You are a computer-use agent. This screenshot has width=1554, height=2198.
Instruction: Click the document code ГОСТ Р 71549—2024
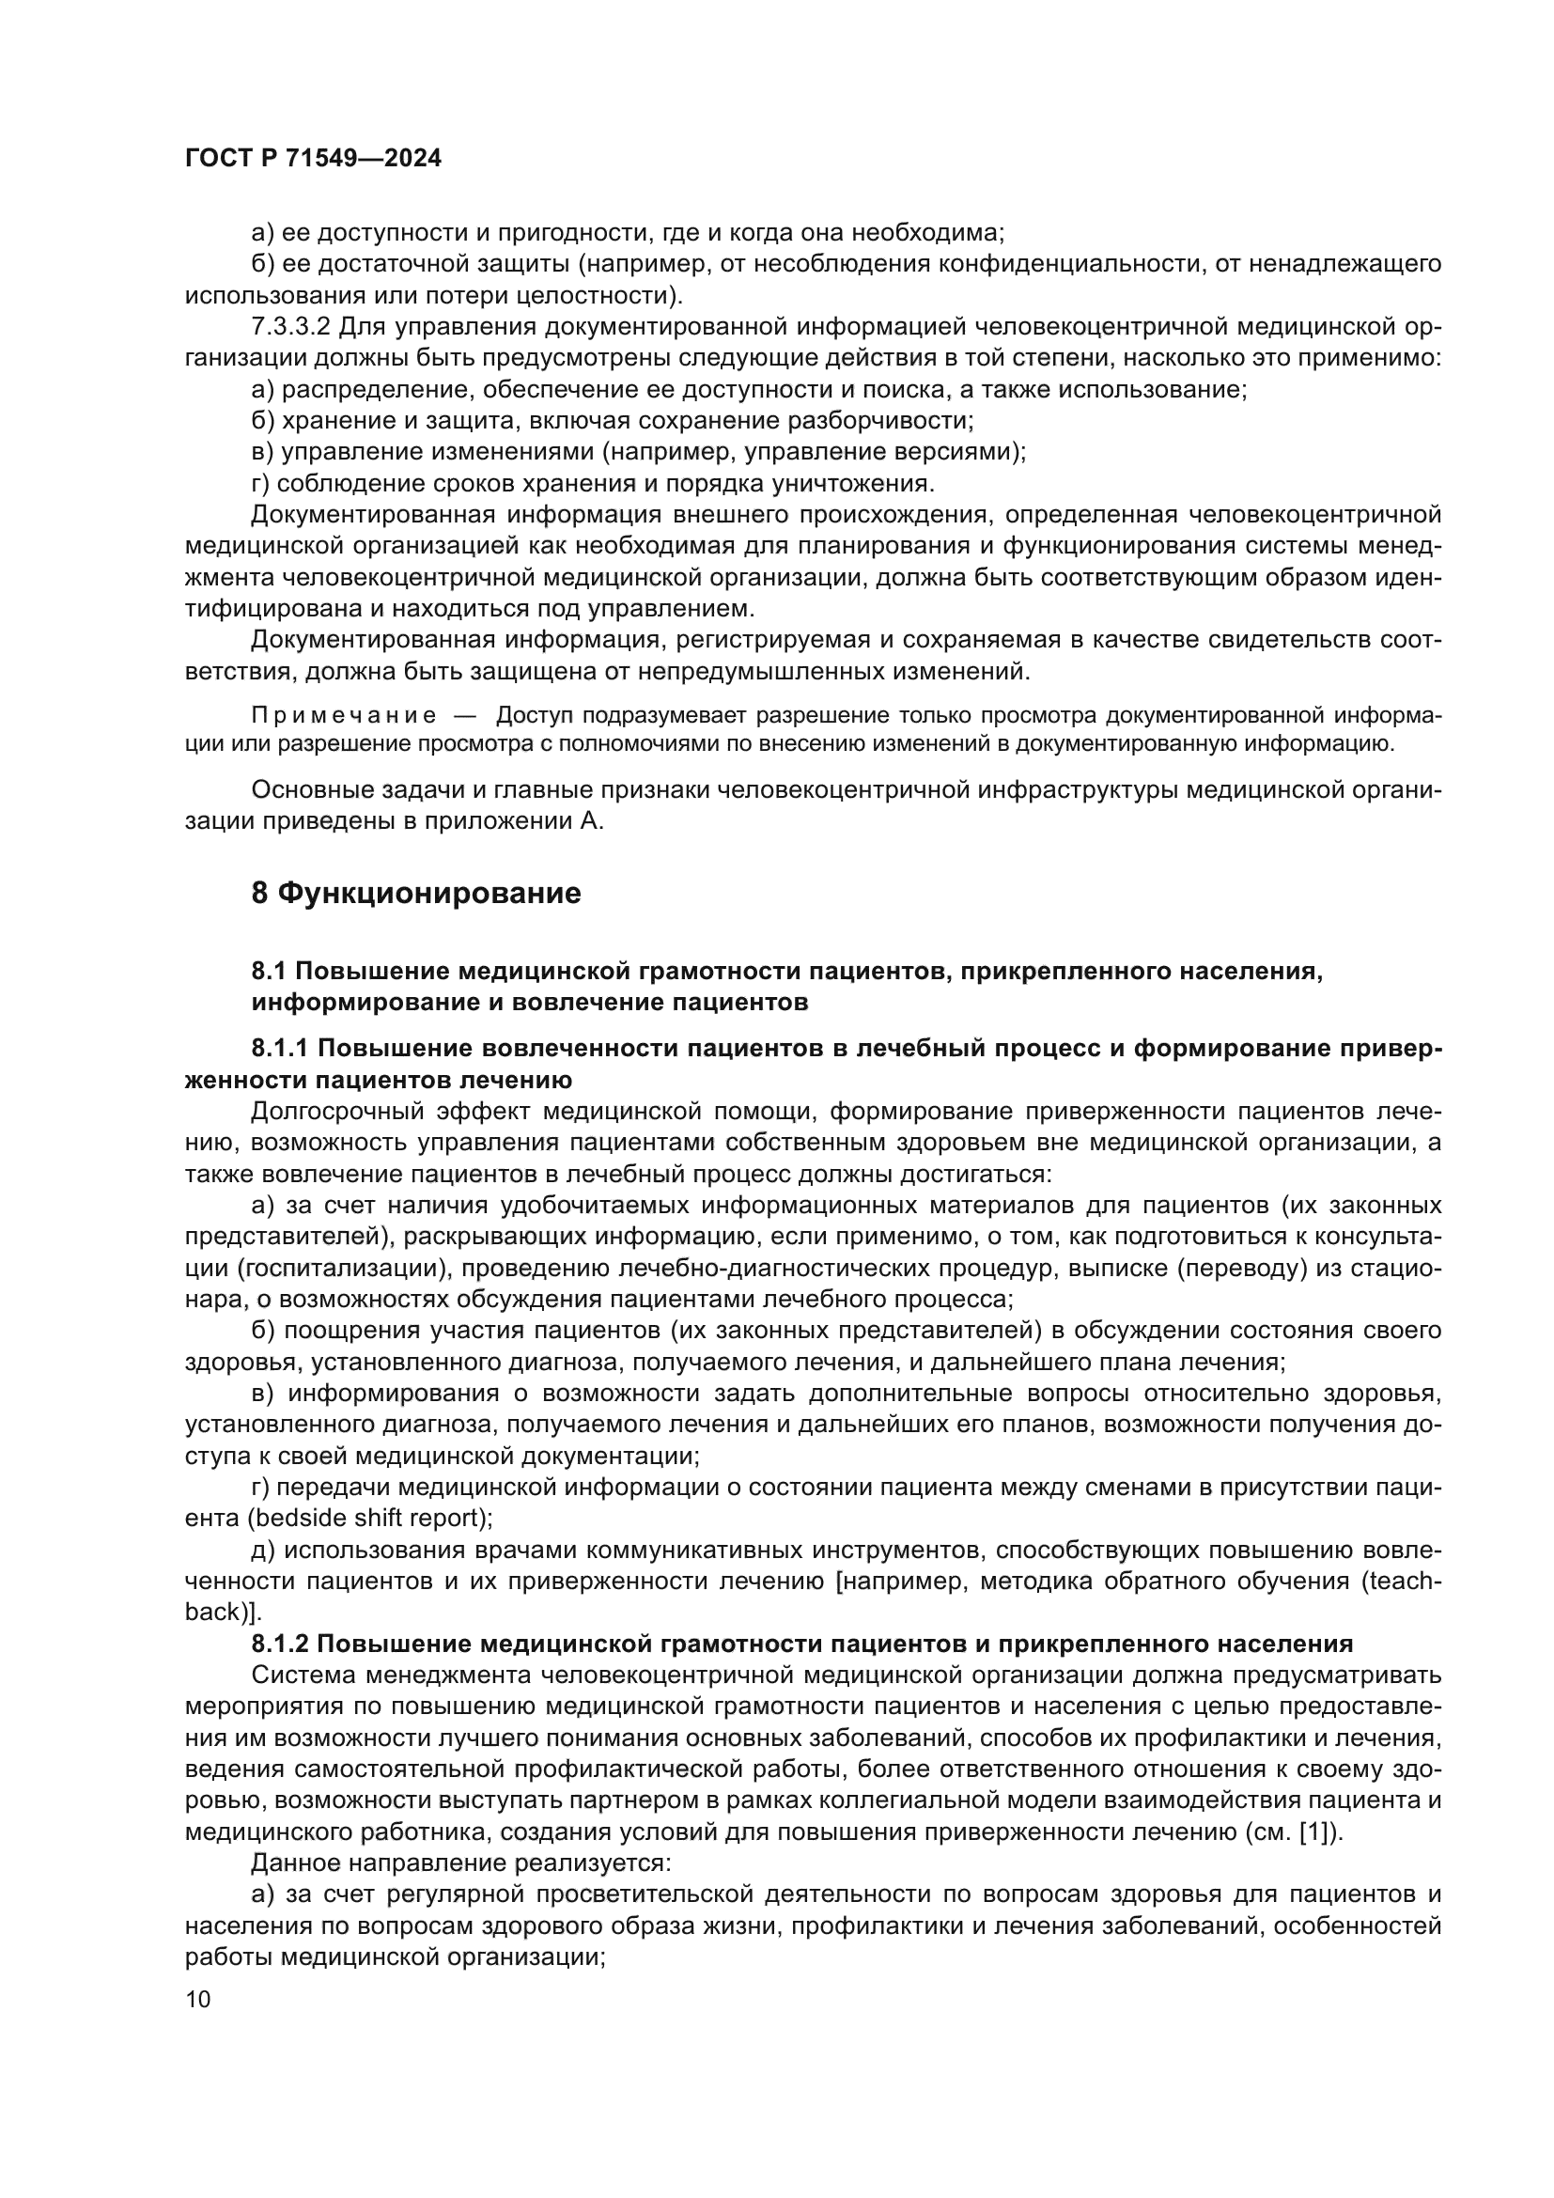(313, 159)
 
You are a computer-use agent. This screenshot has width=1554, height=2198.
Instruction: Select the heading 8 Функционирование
(416, 893)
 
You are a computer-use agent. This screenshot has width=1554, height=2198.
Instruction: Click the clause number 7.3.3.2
(291, 326)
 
